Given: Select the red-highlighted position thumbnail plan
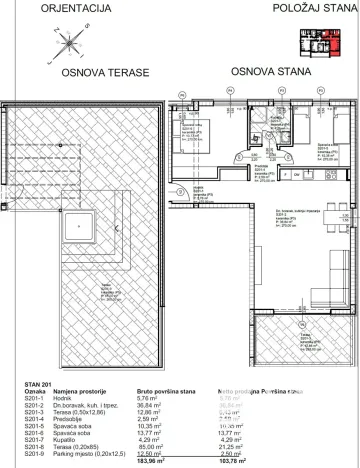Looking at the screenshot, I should tap(320, 41).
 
